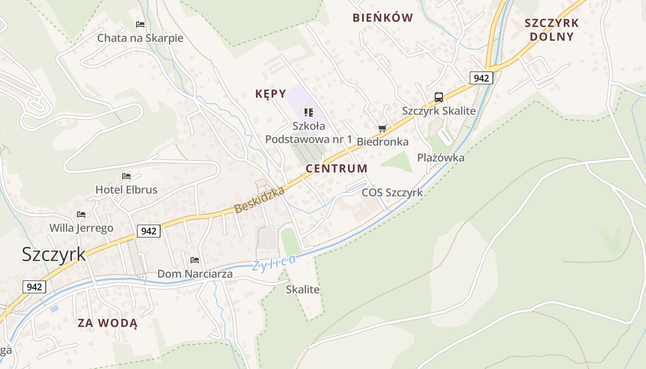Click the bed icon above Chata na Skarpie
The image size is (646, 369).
[140, 24]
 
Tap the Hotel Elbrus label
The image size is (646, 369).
[126, 190]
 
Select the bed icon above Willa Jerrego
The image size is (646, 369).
[81, 214]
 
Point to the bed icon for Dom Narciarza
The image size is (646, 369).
[194, 260]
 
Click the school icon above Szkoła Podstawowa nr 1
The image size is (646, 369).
[309, 112]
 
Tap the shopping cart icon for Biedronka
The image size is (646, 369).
[382, 129]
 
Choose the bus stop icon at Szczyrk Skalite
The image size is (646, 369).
[438, 97]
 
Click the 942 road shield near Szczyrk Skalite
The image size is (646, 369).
[481, 78]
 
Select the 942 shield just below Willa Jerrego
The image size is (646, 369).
[149, 231]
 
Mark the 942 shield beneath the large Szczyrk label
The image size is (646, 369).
[34, 287]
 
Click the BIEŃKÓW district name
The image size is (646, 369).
[383, 18]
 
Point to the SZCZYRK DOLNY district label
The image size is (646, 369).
[551, 30]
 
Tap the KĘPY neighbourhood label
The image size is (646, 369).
[270, 94]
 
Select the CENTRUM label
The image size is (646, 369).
[336, 168]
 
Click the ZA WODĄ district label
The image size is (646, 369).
[108, 323]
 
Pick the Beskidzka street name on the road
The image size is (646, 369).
[259, 200]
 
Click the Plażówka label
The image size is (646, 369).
[441, 158]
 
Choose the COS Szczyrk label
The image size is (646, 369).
[392, 192]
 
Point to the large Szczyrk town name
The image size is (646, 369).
[54, 254]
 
